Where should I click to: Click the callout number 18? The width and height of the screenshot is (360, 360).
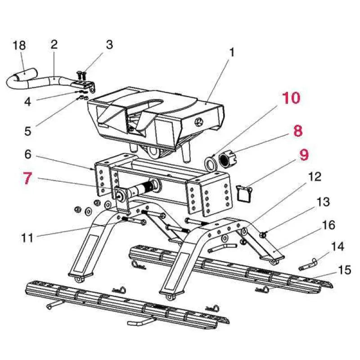pos(19,45)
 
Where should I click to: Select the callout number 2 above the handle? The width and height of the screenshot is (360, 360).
pos(54,45)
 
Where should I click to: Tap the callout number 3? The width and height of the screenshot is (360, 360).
pos(109,45)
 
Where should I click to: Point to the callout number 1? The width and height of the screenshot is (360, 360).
pos(232,52)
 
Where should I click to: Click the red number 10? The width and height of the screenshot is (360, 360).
pos(292,98)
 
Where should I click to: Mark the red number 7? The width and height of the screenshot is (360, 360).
pos(28,178)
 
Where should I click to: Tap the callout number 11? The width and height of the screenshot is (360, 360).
pos(27,237)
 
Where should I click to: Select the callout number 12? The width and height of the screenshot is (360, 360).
pos(315,176)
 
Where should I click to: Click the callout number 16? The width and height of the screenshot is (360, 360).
pos(329,224)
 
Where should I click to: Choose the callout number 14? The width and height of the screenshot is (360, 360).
pos(337,247)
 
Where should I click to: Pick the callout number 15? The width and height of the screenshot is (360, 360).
pos(344,270)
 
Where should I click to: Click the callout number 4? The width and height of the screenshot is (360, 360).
pos(28,102)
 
